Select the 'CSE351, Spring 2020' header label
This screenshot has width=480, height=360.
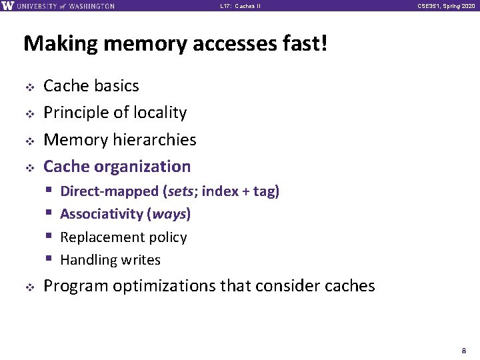pyautogui.click(x=447, y=6)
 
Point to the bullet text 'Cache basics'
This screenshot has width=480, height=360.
pyautogui.click(x=91, y=86)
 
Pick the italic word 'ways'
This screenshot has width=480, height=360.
pyautogui.click(x=170, y=214)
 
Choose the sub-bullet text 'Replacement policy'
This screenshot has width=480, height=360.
pyautogui.click(x=123, y=237)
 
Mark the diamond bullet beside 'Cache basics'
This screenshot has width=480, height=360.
pyautogui.click(x=29, y=87)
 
